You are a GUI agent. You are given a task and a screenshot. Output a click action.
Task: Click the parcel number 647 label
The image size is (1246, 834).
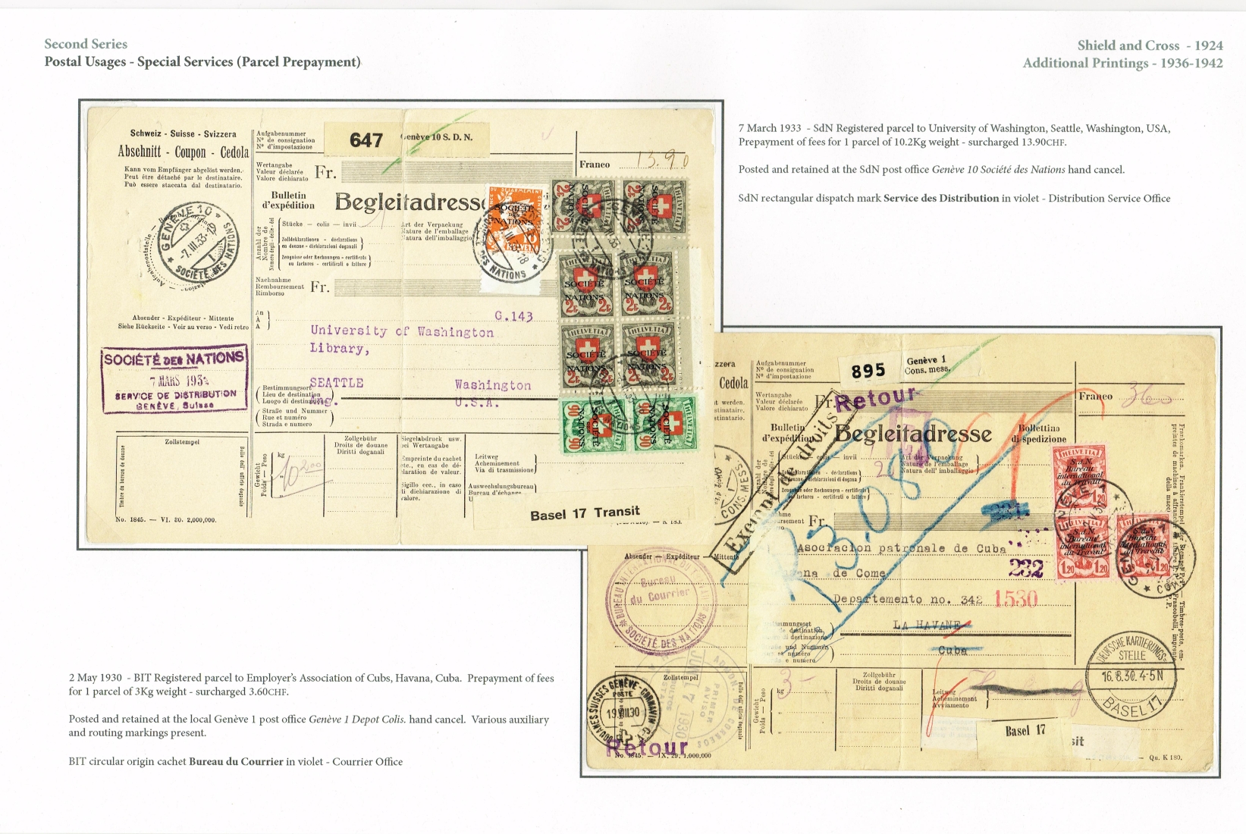click(x=366, y=140)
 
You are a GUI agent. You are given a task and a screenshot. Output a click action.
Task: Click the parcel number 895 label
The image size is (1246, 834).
click(x=868, y=371)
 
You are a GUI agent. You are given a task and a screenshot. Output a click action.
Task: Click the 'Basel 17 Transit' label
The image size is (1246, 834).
click(x=585, y=513)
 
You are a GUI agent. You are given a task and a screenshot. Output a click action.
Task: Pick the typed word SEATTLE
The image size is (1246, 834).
click(x=336, y=383)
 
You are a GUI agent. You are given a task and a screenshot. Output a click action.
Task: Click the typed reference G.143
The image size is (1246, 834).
click(x=513, y=316)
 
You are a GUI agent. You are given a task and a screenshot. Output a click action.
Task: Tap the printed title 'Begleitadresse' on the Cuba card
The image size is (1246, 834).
click(x=912, y=434)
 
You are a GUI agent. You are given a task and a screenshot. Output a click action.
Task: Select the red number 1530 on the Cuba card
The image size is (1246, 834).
click(x=1015, y=599)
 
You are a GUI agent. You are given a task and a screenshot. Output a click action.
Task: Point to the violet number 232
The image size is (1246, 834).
click(x=1025, y=569)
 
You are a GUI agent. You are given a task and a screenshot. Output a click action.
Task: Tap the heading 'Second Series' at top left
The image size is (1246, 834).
click(x=86, y=44)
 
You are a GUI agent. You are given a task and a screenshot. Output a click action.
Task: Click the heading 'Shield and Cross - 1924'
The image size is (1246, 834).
click(x=1150, y=45)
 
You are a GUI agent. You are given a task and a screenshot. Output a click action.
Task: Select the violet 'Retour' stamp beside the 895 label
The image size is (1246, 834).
click(x=876, y=398)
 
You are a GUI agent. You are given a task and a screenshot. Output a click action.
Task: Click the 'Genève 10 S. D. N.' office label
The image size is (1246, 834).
click(x=438, y=137)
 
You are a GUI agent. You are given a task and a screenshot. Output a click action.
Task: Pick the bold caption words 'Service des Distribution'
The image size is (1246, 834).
click(x=941, y=199)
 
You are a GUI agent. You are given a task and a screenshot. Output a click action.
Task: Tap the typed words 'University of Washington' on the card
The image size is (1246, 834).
click(x=401, y=331)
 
